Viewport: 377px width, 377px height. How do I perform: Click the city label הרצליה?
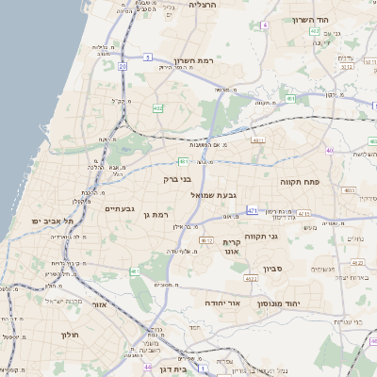tap(202, 5)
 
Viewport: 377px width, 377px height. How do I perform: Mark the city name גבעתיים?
tap(122, 208)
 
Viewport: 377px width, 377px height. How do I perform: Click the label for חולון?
tap(69, 335)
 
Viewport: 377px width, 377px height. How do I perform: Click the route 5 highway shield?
tap(148, 57)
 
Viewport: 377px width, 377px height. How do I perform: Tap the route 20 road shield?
tap(123, 66)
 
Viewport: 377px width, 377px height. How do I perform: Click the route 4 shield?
tap(265, 25)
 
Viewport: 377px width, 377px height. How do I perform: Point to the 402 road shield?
tap(156, 108)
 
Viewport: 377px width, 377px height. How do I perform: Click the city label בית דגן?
tap(171, 370)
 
